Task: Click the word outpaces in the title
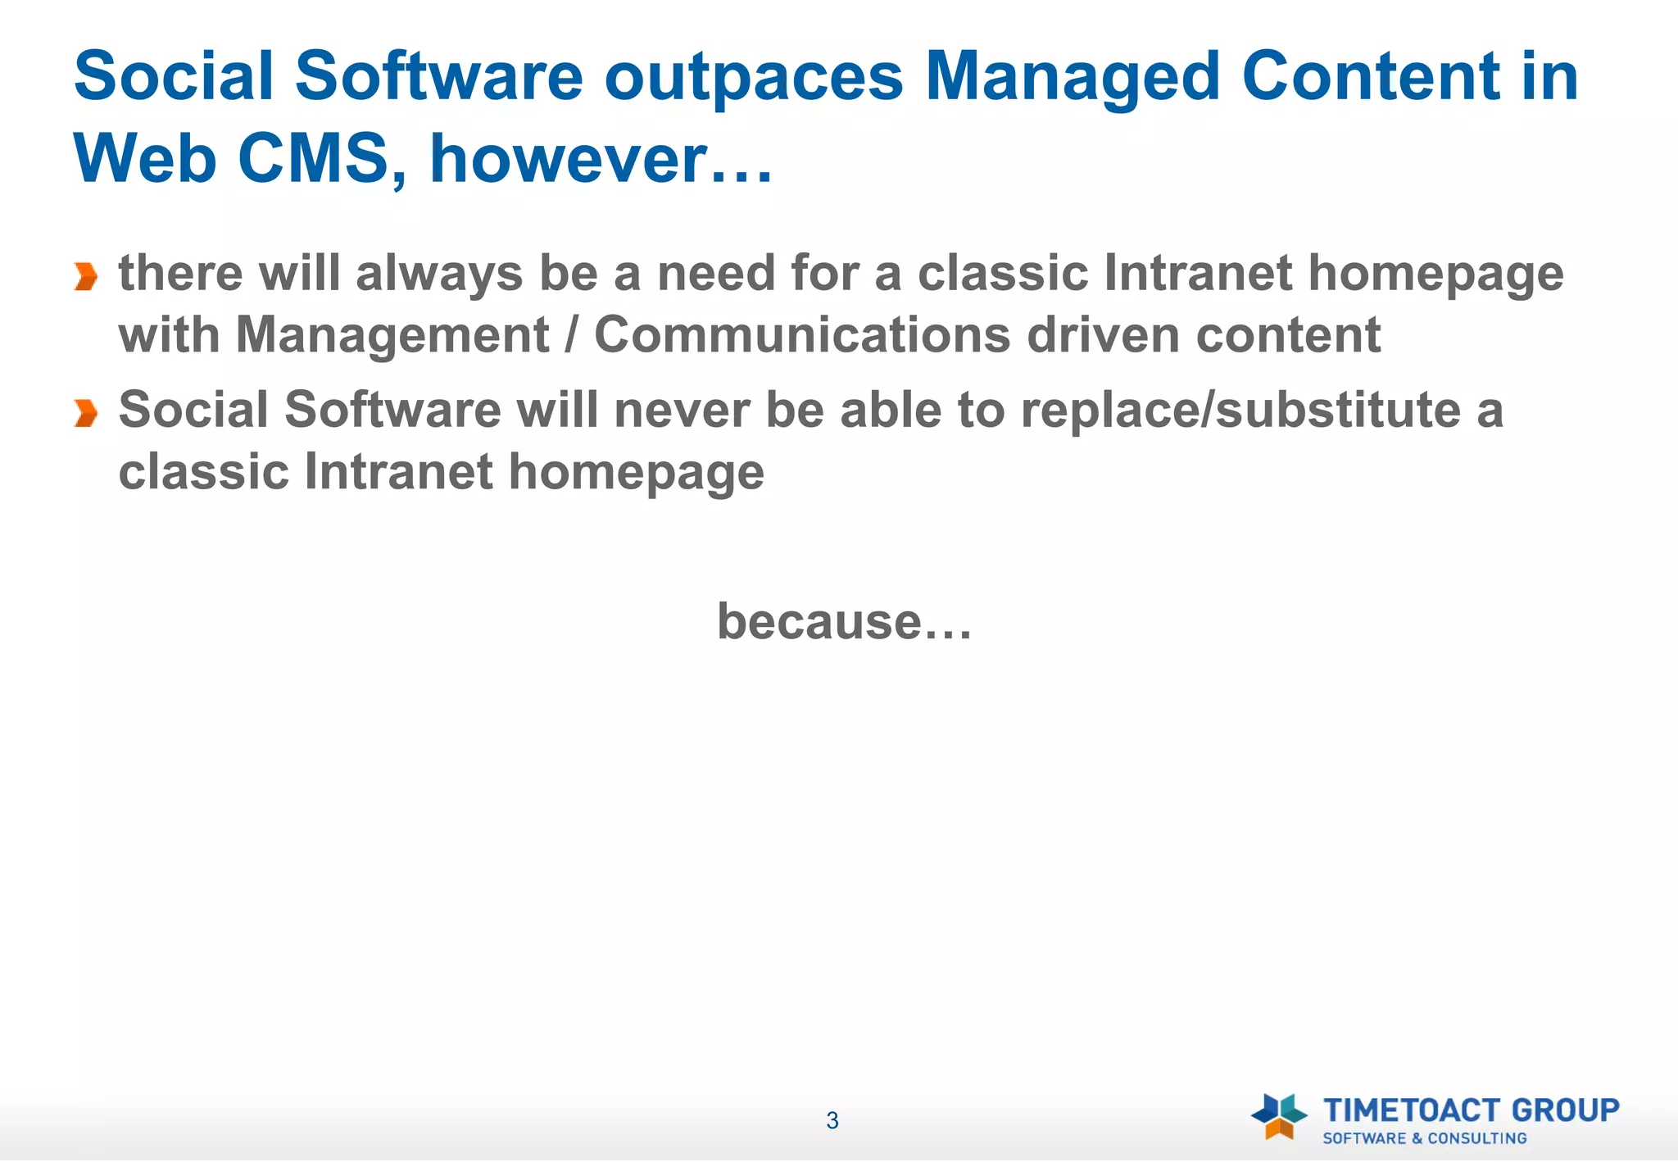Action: coord(753,78)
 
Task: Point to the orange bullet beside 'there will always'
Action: coord(85,277)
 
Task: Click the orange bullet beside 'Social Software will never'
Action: coord(85,413)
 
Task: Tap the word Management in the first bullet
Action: coord(392,335)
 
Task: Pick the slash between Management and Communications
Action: coord(571,335)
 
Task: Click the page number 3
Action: coord(832,1121)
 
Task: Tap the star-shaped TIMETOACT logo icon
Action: coord(1278,1116)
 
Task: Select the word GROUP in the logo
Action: coord(1565,1110)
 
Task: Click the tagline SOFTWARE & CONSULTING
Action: coord(1425,1139)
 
